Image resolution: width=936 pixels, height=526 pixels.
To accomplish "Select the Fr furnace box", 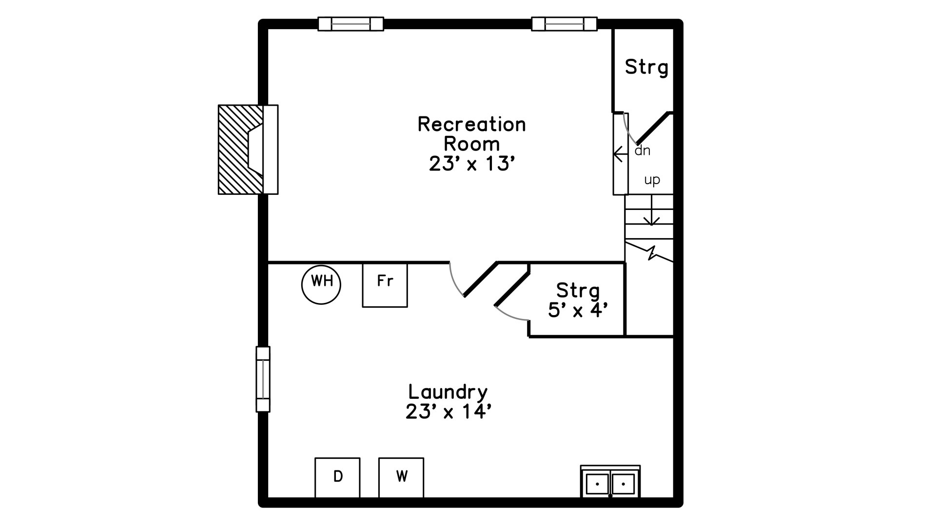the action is [x=385, y=285].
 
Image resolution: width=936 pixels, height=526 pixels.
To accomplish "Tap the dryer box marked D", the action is [x=337, y=478].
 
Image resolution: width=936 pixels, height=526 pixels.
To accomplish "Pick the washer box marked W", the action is [x=401, y=478].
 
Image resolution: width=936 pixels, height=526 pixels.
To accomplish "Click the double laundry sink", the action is [x=610, y=482].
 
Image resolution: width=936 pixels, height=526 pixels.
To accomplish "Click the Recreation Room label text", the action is [x=472, y=134].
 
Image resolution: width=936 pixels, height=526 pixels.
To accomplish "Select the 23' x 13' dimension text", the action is [x=472, y=164].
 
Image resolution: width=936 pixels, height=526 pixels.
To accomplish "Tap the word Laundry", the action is [x=448, y=392].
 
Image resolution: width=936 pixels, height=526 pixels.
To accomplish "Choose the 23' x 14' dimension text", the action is [x=448, y=412].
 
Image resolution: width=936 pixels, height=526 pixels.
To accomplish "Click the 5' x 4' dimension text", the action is [x=578, y=310].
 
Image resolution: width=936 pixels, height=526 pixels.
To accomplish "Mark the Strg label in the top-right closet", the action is [x=646, y=67].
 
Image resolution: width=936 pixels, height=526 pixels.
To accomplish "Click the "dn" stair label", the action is [x=643, y=150].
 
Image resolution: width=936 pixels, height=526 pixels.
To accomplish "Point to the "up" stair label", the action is [x=652, y=180].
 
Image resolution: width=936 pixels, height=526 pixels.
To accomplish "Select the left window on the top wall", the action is [x=351, y=24].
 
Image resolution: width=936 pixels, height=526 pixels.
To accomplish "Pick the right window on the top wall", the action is [x=564, y=24].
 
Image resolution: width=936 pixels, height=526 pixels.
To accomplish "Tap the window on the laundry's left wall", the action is [x=263, y=379].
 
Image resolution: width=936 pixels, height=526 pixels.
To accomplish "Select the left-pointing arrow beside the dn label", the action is [x=621, y=154].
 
